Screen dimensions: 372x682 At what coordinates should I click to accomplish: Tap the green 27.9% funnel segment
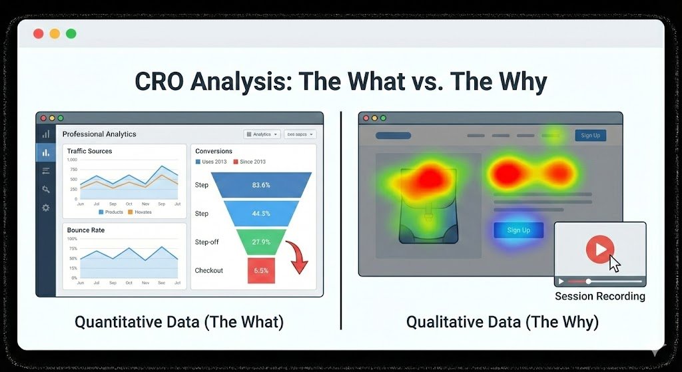[x=260, y=242]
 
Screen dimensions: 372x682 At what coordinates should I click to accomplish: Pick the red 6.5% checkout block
[x=260, y=271]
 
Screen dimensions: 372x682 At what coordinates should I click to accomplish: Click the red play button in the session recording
[x=600, y=250]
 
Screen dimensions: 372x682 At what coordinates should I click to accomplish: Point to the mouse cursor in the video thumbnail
[x=614, y=263]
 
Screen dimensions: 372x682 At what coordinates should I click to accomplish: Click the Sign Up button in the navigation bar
[x=590, y=136]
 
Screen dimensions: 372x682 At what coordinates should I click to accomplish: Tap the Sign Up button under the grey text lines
[x=518, y=230]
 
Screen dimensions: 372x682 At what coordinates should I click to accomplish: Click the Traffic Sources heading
[x=89, y=151]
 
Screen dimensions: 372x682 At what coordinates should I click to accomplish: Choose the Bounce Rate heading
[x=85, y=230]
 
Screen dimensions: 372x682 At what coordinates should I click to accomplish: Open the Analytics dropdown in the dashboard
[x=262, y=134]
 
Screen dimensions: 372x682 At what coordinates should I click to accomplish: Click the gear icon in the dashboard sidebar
[x=46, y=208]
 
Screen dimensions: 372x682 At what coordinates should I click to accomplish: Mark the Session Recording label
[x=599, y=296]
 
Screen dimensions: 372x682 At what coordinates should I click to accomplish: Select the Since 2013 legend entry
[x=250, y=162]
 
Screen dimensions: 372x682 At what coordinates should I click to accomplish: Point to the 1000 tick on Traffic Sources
[x=73, y=158]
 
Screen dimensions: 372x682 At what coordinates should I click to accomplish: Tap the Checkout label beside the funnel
[x=208, y=271]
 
